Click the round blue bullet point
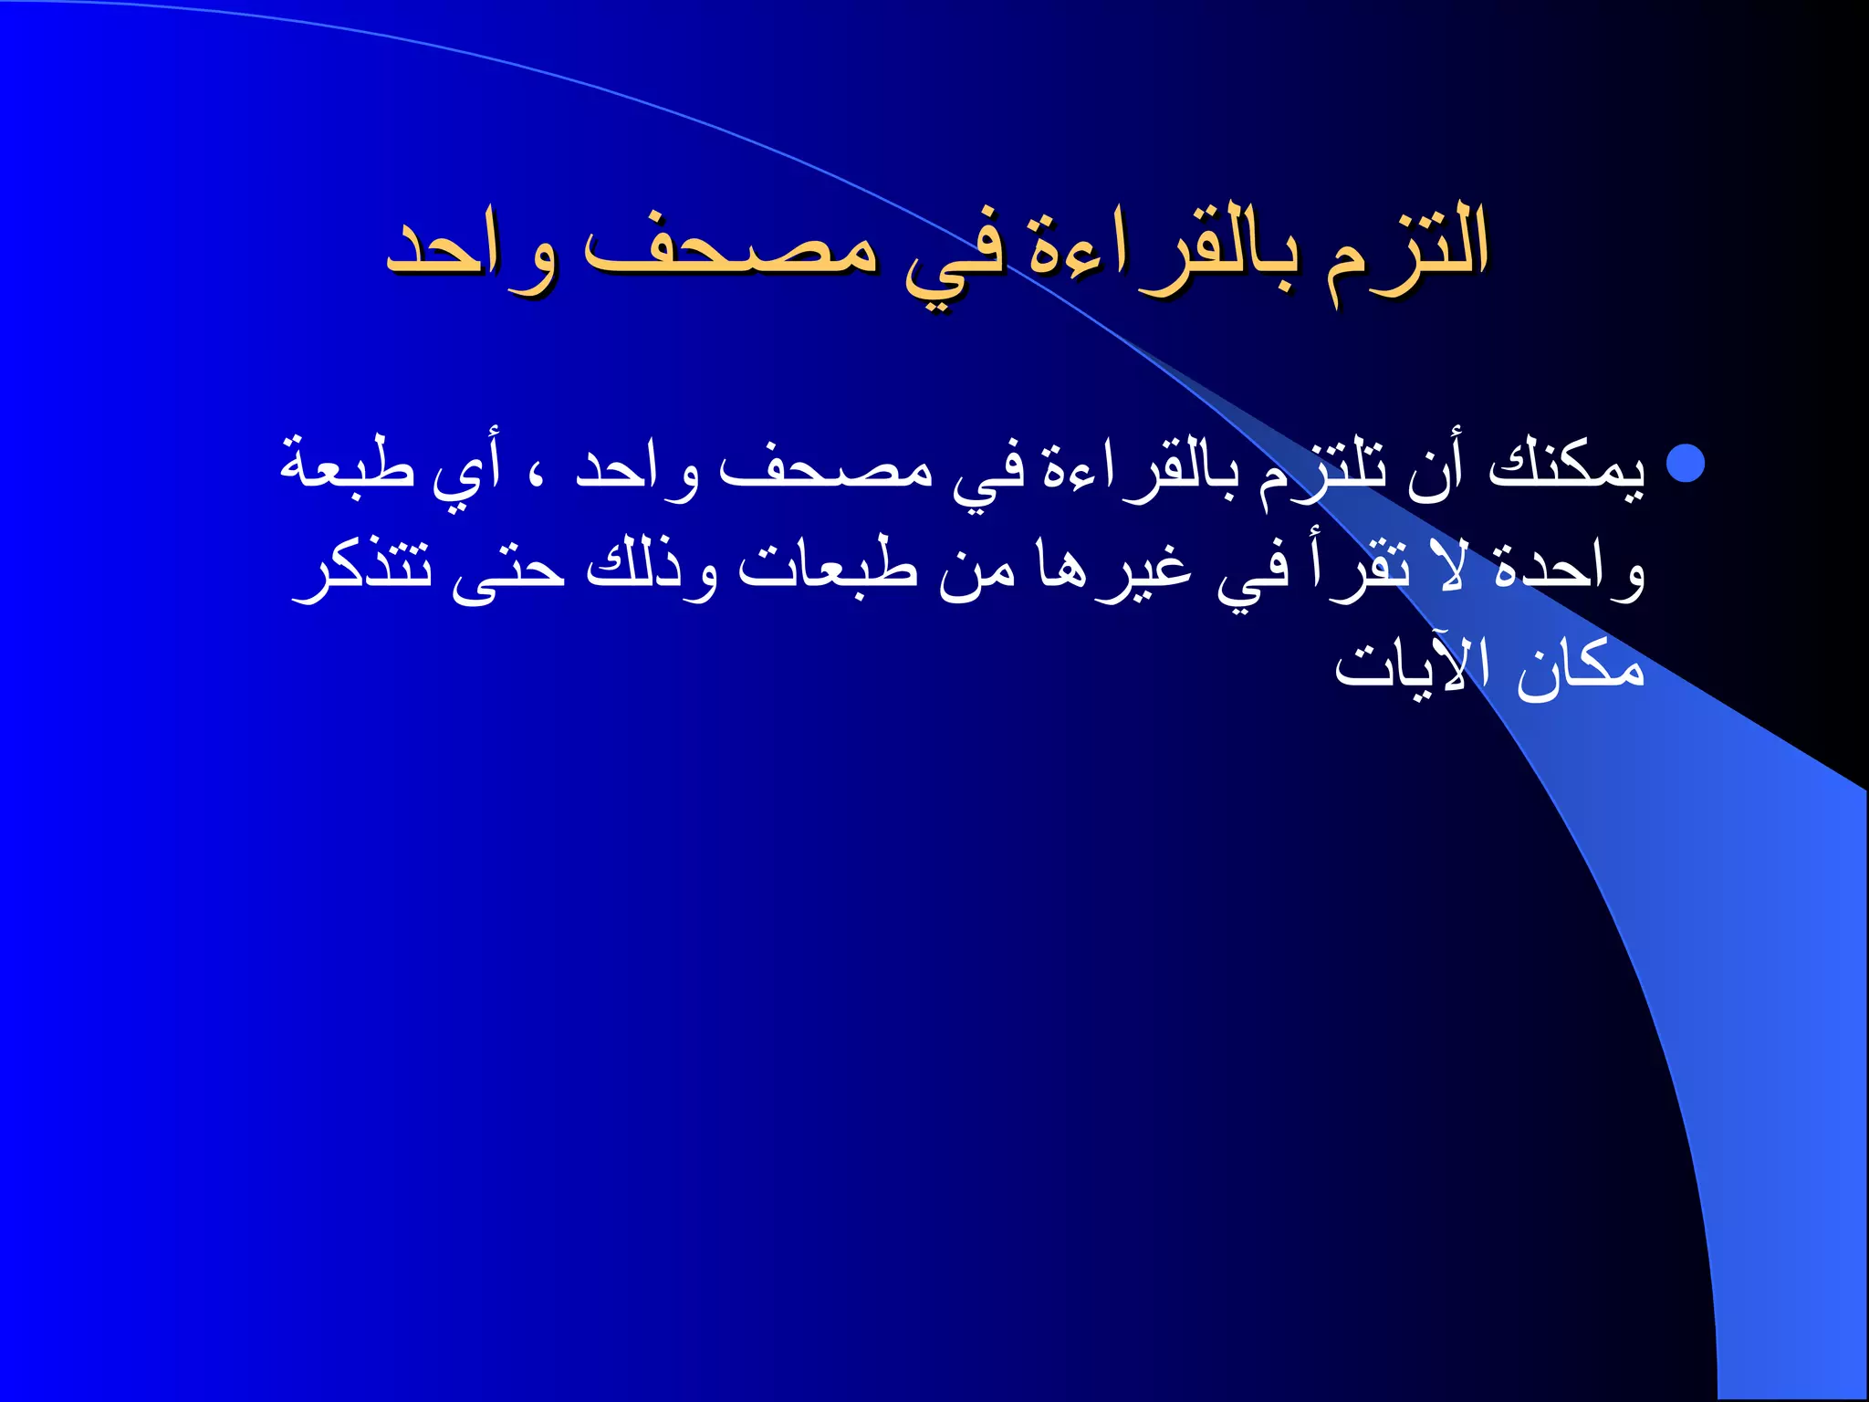[x=1685, y=463]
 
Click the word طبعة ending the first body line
[x=347, y=466]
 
